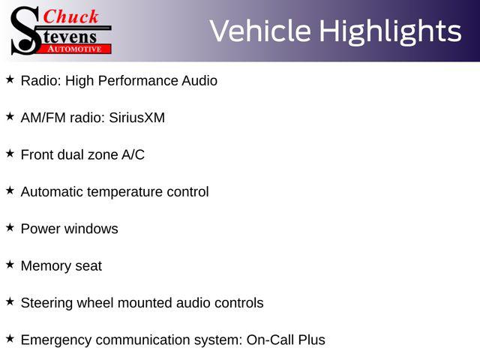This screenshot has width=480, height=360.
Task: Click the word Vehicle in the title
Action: click(x=260, y=31)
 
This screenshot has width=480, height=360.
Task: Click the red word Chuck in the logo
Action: click(x=70, y=16)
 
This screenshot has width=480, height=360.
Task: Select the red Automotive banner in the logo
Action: click(x=75, y=49)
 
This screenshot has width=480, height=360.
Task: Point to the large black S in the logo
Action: click(x=25, y=31)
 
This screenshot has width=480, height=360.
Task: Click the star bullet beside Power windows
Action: click(x=10, y=227)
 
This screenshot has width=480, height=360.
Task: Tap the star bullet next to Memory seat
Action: click(x=10, y=265)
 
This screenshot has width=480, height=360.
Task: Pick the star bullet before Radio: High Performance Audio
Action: click(x=10, y=79)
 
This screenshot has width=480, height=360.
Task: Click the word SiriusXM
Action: click(x=136, y=118)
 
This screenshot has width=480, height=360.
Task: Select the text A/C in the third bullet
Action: click(x=133, y=154)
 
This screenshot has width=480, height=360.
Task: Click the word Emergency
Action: click(x=56, y=340)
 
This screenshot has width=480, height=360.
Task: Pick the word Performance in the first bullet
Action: click(x=138, y=81)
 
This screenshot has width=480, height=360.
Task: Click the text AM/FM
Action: click(x=43, y=118)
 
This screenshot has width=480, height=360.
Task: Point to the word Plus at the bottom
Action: click(x=312, y=340)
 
